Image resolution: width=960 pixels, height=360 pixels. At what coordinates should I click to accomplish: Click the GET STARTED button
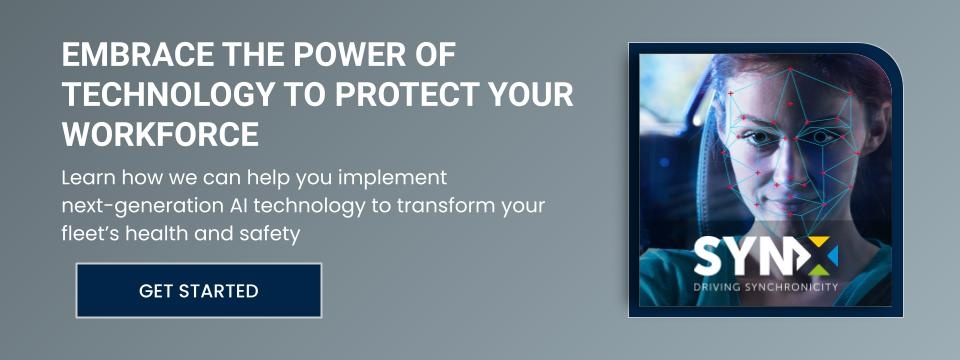coord(199,290)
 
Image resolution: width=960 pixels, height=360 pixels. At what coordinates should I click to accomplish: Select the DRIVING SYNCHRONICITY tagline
coord(765,287)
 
